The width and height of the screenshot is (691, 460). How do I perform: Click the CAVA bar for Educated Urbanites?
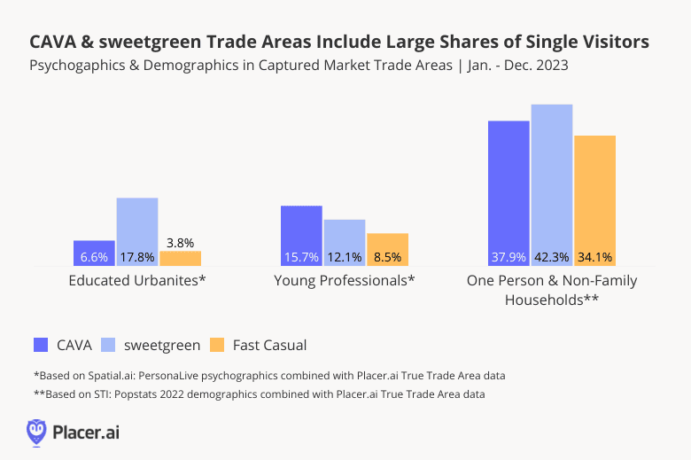tap(94, 253)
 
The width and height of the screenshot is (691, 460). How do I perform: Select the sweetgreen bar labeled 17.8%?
tap(137, 231)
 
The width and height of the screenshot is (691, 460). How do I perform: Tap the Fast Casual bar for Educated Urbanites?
tap(180, 258)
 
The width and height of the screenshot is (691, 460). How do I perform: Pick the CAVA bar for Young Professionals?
tap(301, 235)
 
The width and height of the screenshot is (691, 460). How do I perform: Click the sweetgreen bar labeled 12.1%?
tap(345, 242)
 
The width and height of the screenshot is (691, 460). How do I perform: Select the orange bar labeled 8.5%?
tap(387, 249)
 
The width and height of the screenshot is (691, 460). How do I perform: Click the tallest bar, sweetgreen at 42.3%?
tap(552, 184)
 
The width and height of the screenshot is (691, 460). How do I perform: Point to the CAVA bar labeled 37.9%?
tap(509, 192)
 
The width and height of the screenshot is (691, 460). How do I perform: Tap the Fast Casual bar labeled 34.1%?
tap(594, 200)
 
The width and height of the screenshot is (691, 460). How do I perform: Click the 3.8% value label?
tap(180, 242)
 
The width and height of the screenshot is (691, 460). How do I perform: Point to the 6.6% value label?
tap(94, 257)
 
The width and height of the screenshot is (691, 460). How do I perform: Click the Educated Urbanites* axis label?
tap(137, 281)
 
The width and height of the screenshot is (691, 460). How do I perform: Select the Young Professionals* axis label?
tap(345, 281)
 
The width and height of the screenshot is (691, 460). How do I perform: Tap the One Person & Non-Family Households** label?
tap(552, 290)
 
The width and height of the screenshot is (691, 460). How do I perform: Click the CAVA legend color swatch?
tap(41, 345)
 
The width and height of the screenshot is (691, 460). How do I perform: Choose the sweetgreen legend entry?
tap(142, 345)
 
